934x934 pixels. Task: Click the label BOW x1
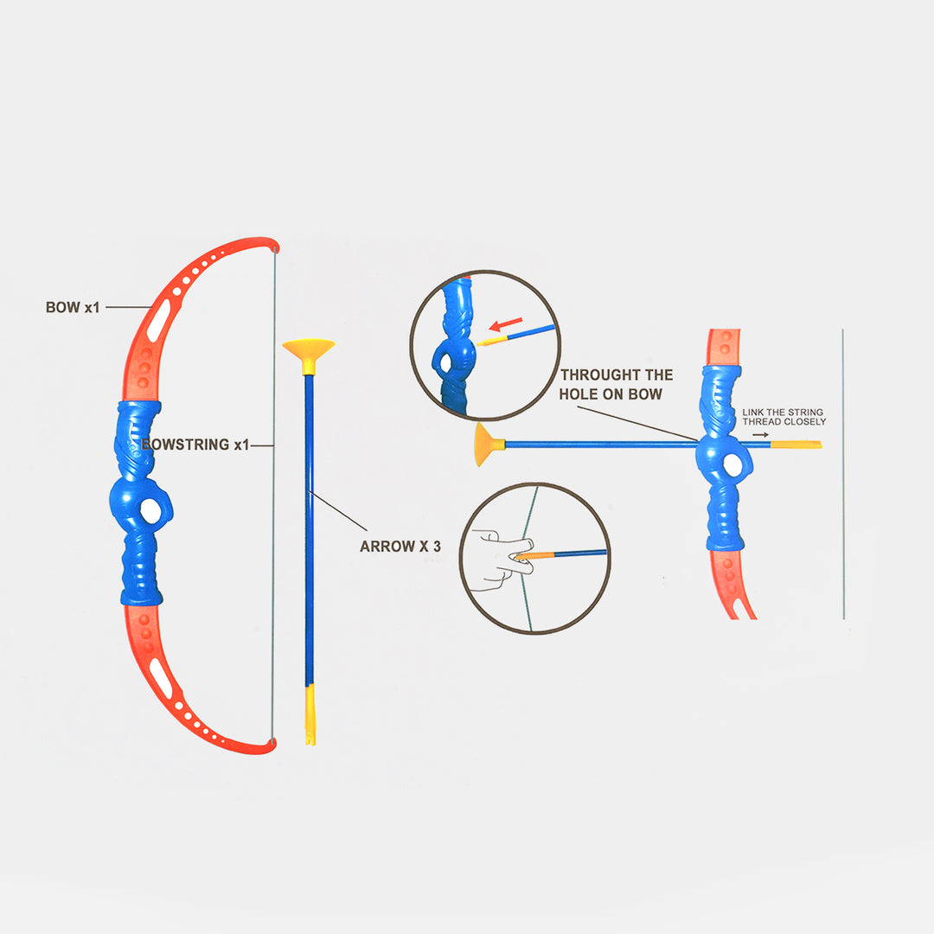pyautogui.click(x=73, y=307)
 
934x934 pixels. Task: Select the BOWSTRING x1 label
pyautogui.click(x=195, y=445)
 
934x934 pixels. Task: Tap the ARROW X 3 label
pyautogui.click(x=400, y=547)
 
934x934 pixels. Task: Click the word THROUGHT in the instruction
pyautogui.click(x=600, y=374)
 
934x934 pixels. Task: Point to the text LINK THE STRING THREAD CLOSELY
pyautogui.click(x=784, y=417)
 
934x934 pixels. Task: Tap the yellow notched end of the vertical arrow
pyautogui.click(x=310, y=714)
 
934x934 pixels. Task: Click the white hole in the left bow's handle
pyautogui.click(x=150, y=511)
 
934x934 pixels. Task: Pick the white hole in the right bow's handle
pyautogui.click(x=732, y=465)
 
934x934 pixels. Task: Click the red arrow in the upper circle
pyautogui.click(x=506, y=324)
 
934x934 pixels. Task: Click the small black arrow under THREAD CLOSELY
pyautogui.click(x=760, y=435)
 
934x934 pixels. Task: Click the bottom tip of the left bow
pyautogui.click(x=272, y=745)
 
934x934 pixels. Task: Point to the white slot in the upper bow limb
pyautogui.click(x=159, y=321)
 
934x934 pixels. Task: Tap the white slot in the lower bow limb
pyautogui.click(x=161, y=679)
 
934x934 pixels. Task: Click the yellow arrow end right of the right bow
pyautogui.click(x=796, y=445)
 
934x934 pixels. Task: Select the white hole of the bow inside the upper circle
pyautogui.click(x=445, y=363)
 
